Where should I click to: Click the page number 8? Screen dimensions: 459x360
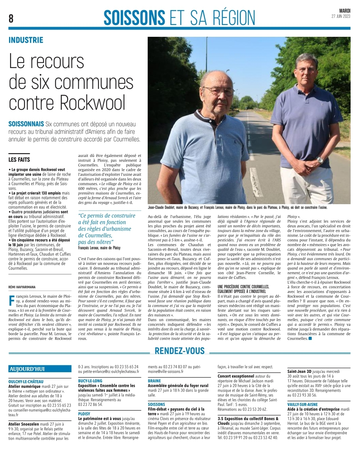point(11,18)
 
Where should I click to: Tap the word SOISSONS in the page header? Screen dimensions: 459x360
point(134,17)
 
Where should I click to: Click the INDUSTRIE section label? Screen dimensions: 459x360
point(26,40)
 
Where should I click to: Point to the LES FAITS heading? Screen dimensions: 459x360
point(19,160)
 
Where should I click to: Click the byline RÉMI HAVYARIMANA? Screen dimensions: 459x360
point(22,287)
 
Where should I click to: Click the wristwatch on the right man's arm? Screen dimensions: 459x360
point(320,160)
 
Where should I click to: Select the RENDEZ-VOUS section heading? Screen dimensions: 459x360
point(180,351)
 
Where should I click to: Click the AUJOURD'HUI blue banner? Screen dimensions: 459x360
point(27,369)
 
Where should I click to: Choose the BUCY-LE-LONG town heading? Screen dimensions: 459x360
point(90,381)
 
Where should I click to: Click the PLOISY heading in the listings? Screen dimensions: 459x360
point(84,414)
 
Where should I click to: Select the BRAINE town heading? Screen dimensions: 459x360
point(154,381)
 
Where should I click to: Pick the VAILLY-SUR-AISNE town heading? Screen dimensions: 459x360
point(303,404)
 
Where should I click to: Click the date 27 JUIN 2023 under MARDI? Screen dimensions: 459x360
point(341,16)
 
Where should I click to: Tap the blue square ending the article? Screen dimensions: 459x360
point(310,339)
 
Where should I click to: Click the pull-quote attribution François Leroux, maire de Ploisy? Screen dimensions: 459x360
point(99,248)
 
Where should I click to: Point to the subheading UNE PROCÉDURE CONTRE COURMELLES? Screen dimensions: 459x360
point(243,286)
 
